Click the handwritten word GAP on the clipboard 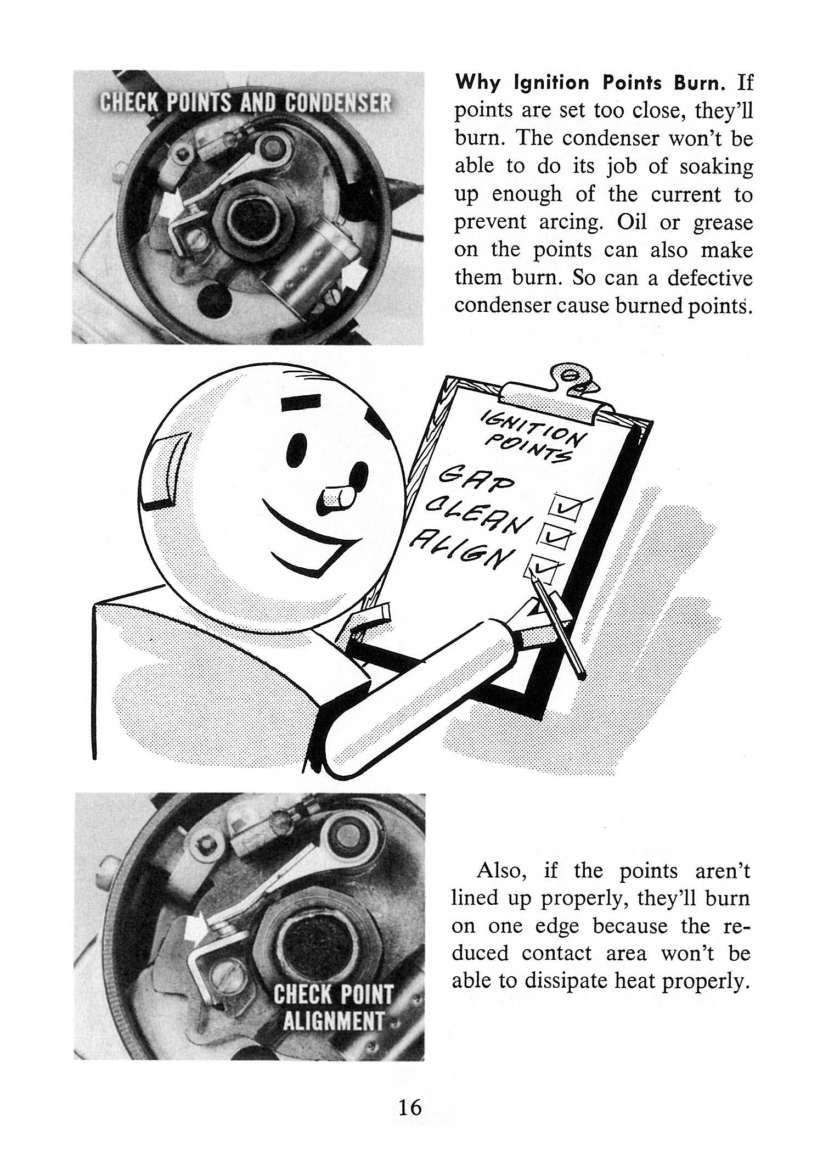(x=465, y=480)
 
